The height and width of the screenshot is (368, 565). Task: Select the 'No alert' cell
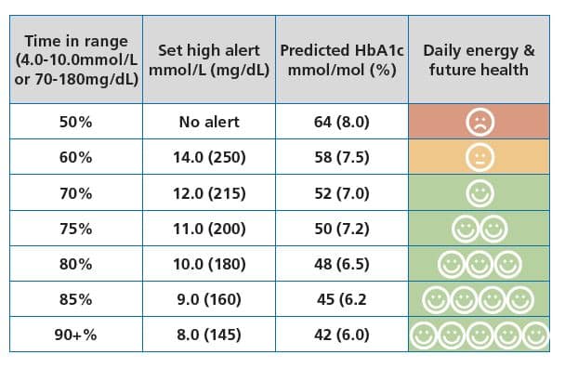(x=210, y=122)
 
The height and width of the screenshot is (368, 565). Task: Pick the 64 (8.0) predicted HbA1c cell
(x=343, y=122)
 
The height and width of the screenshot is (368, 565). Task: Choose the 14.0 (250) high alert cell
(x=210, y=157)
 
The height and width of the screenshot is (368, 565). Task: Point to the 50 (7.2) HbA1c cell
(x=343, y=229)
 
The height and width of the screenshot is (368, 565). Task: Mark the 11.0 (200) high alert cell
(x=210, y=229)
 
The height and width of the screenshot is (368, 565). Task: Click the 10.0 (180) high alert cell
(x=210, y=264)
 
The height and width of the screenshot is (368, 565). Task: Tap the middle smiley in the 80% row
(x=480, y=264)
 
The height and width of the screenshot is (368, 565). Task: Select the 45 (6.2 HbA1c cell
(x=343, y=299)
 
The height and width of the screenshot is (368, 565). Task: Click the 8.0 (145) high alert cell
(x=210, y=334)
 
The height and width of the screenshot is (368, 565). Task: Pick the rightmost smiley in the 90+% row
(x=536, y=334)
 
